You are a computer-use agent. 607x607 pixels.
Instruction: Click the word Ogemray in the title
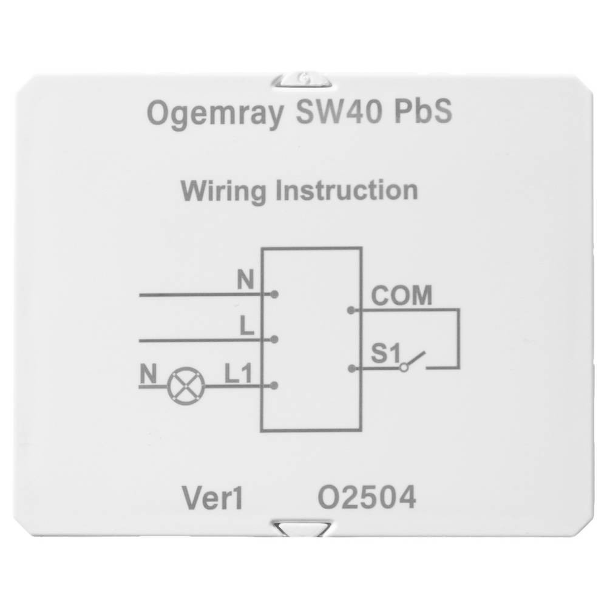pyautogui.click(x=215, y=114)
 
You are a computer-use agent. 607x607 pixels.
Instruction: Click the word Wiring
pyautogui.click(x=223, y=191)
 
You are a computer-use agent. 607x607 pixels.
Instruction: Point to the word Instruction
pyautogui.click(x=347, y=190)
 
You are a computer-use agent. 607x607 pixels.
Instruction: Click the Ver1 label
pyautogui.click(x=212, y=498)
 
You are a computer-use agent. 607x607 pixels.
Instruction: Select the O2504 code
pyautogui.click(x=367, y=498)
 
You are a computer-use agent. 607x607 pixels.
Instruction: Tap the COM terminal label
pyautogui.click(x=401, y=296)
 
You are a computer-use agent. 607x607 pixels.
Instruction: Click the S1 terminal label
pyautogui.click(x=385, y=353)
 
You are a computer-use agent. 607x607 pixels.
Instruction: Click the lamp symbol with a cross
pyautogui.click(x=186, y=386)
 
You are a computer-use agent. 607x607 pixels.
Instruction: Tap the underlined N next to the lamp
pyautogui.click(x=148, y=375)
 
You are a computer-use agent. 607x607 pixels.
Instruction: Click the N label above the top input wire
pyautogui.click(x=245, y=279)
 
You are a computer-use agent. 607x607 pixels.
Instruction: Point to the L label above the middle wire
pyautogui.click(x=247, y=326)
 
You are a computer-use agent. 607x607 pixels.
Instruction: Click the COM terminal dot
pyautogui.click(x=351, y=310)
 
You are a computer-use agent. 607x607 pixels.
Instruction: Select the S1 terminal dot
pyautogui.click(x=352, y=369)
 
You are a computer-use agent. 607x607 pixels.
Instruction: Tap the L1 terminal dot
pyautogui.click(x=274, y=385)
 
